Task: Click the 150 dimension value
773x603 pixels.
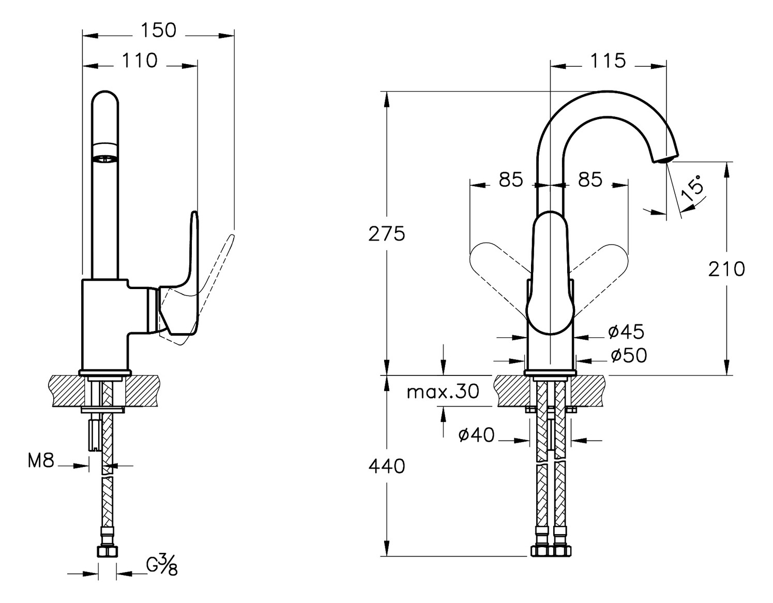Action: coord(158,31)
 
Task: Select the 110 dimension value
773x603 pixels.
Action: coord(140,61)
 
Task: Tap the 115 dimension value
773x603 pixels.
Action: coord(608,61)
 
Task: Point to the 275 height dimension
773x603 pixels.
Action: coord(386,234)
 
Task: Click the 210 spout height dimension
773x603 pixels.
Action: coord(726,269)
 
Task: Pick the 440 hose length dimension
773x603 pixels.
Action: coord(386,466)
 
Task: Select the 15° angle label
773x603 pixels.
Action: coord(692,188)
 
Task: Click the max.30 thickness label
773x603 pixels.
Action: coord(443,392)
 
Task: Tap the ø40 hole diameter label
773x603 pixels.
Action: coord(476,435)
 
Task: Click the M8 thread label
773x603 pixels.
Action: coord(41,461)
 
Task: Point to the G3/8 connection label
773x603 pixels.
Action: coord(162,565)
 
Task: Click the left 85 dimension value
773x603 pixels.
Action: coord(511,180)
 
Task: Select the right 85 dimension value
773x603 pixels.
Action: coord(590,180)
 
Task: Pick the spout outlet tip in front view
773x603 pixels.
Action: coord(665,159)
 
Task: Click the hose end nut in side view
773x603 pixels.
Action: coord(107,551)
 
